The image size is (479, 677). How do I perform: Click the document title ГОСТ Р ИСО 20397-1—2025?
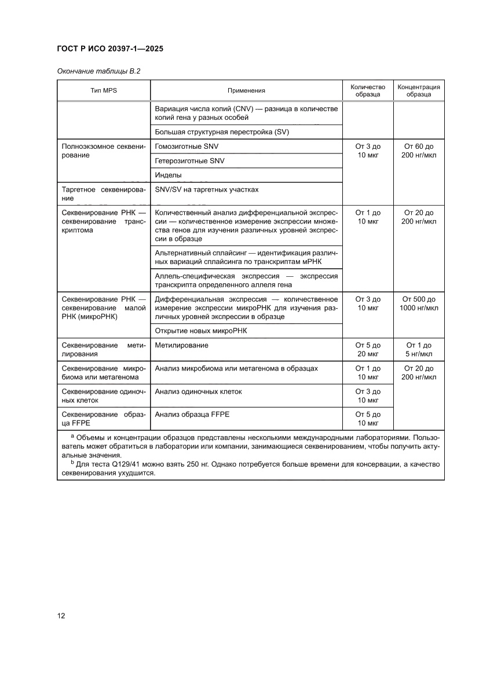pyautogui.click(x=110, y=49)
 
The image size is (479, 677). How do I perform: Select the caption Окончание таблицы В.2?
pyautogui.click(x=98, y=71)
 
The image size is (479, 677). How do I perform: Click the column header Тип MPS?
pyautogui.click(x=104, y=91)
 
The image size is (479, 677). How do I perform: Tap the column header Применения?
pyautogui.click(x=246, y=91)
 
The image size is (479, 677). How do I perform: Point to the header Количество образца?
pyautogui.click(x=368, y=90)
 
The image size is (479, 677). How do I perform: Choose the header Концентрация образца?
pyautogui.click(x=419, y=90)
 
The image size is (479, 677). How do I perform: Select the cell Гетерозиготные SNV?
pyautogui.click(x=189, y=160)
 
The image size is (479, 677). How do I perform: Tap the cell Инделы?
pyautogui.click(x=169, y=175)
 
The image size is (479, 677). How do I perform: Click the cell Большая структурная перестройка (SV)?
pyautogui.click(x=222, y=132)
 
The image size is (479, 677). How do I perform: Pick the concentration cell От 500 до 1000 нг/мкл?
pyautogui.click(x=419, y=303)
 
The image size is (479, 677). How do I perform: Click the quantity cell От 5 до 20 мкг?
pyautogui.click(x=368, y=349)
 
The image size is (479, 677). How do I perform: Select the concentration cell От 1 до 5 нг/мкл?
pyautogui.click(x=419, y=349)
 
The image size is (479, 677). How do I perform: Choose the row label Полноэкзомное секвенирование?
pyautogui.click(x=103, y=151)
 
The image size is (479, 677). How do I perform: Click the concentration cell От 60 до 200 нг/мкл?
pyautogui.click(x=419, y=151)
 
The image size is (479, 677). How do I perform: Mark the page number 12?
pyautogui.click(x=61, y=616)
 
